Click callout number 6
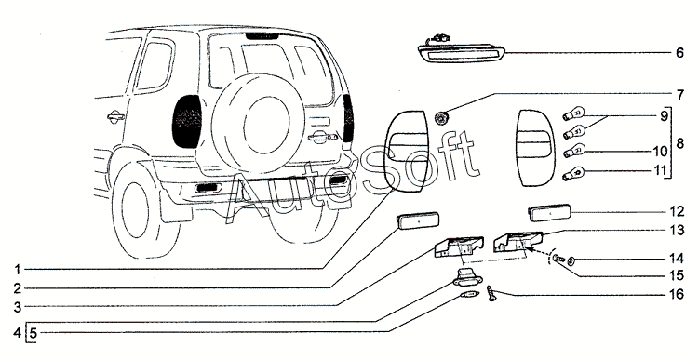(679, 53)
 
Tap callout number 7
(679, 95)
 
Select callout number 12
(677, 211)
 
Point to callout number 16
(677, 294)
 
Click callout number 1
(18, 270)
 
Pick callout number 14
(677, 259)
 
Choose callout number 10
(661, 152)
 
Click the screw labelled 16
(491, 293)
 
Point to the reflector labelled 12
(549, 212)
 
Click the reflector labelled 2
(418, 220)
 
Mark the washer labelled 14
(571, 260)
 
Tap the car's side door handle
(115, 116)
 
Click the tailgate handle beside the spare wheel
(319, 138)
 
